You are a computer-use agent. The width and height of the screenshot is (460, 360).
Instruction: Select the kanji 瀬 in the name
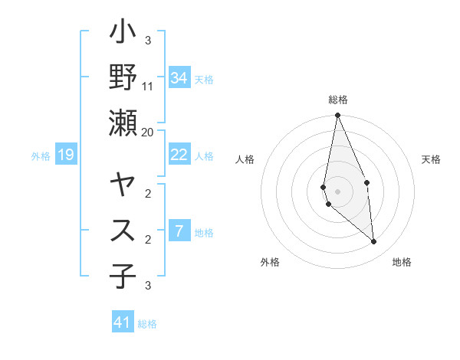tap(123, 123)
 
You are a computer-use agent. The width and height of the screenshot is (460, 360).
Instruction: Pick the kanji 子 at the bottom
tap(123, 276)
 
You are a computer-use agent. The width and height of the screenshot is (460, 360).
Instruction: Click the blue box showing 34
tap(179, 77)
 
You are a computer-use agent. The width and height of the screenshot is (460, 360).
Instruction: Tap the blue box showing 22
tap(179, 155)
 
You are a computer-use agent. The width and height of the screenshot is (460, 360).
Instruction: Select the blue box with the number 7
tap(179, 231)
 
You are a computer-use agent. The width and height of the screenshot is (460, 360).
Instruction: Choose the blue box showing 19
tap(66, 155)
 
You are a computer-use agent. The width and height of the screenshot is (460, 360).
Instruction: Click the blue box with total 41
tap(123, 322)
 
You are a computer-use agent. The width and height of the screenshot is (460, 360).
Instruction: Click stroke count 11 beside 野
tap(149, 86)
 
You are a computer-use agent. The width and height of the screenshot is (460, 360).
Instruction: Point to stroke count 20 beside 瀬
tap(148, 132)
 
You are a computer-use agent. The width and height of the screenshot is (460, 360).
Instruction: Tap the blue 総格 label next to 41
tap(147, 324)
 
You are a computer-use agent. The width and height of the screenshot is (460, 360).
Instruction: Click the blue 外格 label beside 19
tap(41, 156)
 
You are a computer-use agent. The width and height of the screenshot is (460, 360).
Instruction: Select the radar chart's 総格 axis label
tap(338, 100)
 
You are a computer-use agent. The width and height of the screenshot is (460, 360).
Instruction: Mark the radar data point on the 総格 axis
tap(337, 116)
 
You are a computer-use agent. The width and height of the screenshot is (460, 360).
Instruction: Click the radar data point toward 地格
tap(374, 241)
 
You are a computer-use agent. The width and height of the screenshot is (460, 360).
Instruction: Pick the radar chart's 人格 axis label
tap(245, 159)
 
